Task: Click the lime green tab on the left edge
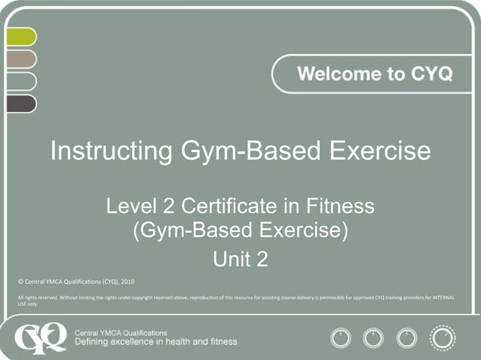click(20, 37)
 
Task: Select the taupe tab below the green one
click(20, 59)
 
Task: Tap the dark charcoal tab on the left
click(20, 104)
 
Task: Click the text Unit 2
click(240, 260)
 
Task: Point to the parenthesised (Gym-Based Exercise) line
click(240, 230)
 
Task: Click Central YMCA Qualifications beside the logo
click(122, 331)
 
